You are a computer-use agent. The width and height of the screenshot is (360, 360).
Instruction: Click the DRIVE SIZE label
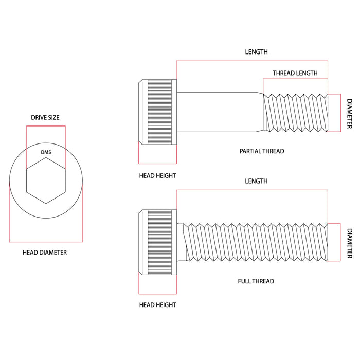[x=46, y=118]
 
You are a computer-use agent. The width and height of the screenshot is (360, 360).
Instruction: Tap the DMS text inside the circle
[x=46, y=152]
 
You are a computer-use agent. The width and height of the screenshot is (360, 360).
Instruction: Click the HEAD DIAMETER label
[x=45, y=253]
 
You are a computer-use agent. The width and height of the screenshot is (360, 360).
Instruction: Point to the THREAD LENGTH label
[x=295, y=73]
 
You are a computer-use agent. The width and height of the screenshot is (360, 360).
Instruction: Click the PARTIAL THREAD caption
[x=262, y=151]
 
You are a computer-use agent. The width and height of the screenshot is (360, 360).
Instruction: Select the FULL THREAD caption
[x=256, y=281]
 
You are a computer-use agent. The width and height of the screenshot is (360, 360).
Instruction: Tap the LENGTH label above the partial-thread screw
[x=256, y=52]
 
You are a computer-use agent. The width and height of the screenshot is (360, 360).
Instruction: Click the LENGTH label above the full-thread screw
[x=256, y=181]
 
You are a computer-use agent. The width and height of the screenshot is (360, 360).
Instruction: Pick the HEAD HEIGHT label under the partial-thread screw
[x=157, y=176]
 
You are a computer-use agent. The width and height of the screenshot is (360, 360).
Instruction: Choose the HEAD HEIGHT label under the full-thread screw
[x=157, y=305]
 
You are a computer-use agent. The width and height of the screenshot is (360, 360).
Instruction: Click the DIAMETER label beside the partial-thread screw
[x=349, y=114]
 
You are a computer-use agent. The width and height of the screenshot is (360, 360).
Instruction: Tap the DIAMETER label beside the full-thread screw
[x=349, y=243]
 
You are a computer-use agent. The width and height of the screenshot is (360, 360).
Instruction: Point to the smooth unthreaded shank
[x=219, y=112]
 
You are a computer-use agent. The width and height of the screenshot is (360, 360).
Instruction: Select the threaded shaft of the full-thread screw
[x=252, y=242]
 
